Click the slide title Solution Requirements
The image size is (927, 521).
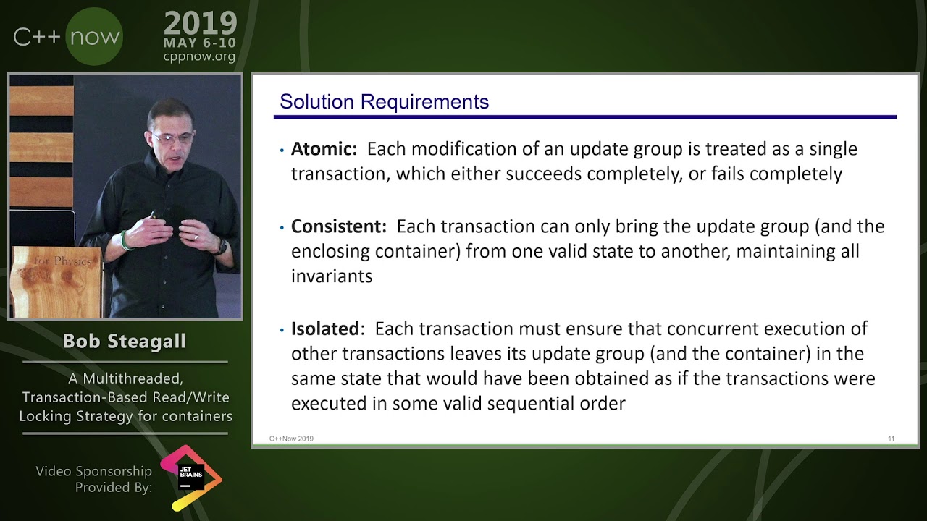point(384,102)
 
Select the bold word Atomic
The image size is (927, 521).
point(324,149)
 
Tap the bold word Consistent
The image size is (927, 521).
point(338,226)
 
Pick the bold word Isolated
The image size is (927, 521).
point(324,329)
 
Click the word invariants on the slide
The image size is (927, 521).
point(331,276)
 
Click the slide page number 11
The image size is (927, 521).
point(892,439)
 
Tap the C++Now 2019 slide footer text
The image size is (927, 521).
point(291,439)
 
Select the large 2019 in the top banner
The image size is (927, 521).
point(200,24)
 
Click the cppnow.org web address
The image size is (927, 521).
point(199,56)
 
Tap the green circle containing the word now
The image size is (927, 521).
point(94,37)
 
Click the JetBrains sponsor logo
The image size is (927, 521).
point(190,478)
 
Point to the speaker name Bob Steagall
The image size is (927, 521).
point(125,342)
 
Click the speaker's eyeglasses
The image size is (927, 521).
point(172,137)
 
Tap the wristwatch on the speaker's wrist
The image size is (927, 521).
point(221,247)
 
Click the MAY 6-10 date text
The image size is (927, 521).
point(199,43)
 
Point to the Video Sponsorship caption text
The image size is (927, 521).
point(94,471)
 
